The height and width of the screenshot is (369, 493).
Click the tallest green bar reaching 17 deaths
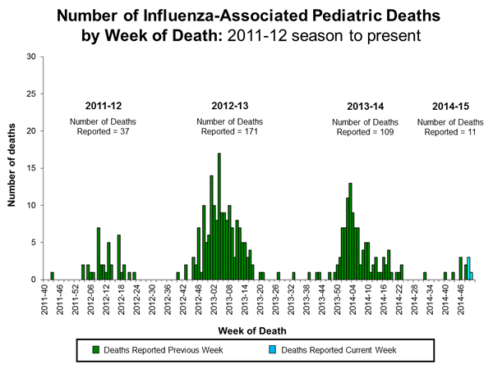point(219,216)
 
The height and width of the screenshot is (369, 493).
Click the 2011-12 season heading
point(105,106)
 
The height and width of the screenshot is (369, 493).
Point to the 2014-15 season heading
point(452,106)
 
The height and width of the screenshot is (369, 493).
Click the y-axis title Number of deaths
point(14,168)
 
